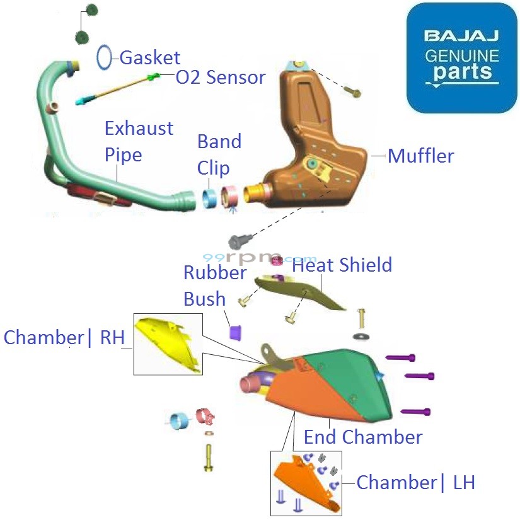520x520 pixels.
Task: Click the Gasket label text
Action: pyautogui.click(x=149, y=58)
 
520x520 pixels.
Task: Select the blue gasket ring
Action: pyautogui.click(x=105, y=57)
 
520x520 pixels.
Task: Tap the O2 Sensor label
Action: pyautogui.click(x=220, y=78)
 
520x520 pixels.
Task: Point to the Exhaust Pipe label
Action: pyautogui.click(x=138, y=141)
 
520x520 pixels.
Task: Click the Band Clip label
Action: pyautogui.click(x=219, y=154)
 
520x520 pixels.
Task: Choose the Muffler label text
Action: pyautogui.click(x=420, y=156)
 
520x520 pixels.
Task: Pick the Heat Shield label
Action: pyautogui.click(x=342, y=265)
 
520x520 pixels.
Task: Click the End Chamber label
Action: pyautogui.click(x=363, y=437)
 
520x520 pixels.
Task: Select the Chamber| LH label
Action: pyautogui.click(x=415, y=483)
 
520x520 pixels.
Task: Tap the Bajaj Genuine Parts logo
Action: pyautogui.click(x=461, y=59)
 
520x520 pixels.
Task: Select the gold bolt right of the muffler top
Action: pyautogui.click(x=354, y=92)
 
